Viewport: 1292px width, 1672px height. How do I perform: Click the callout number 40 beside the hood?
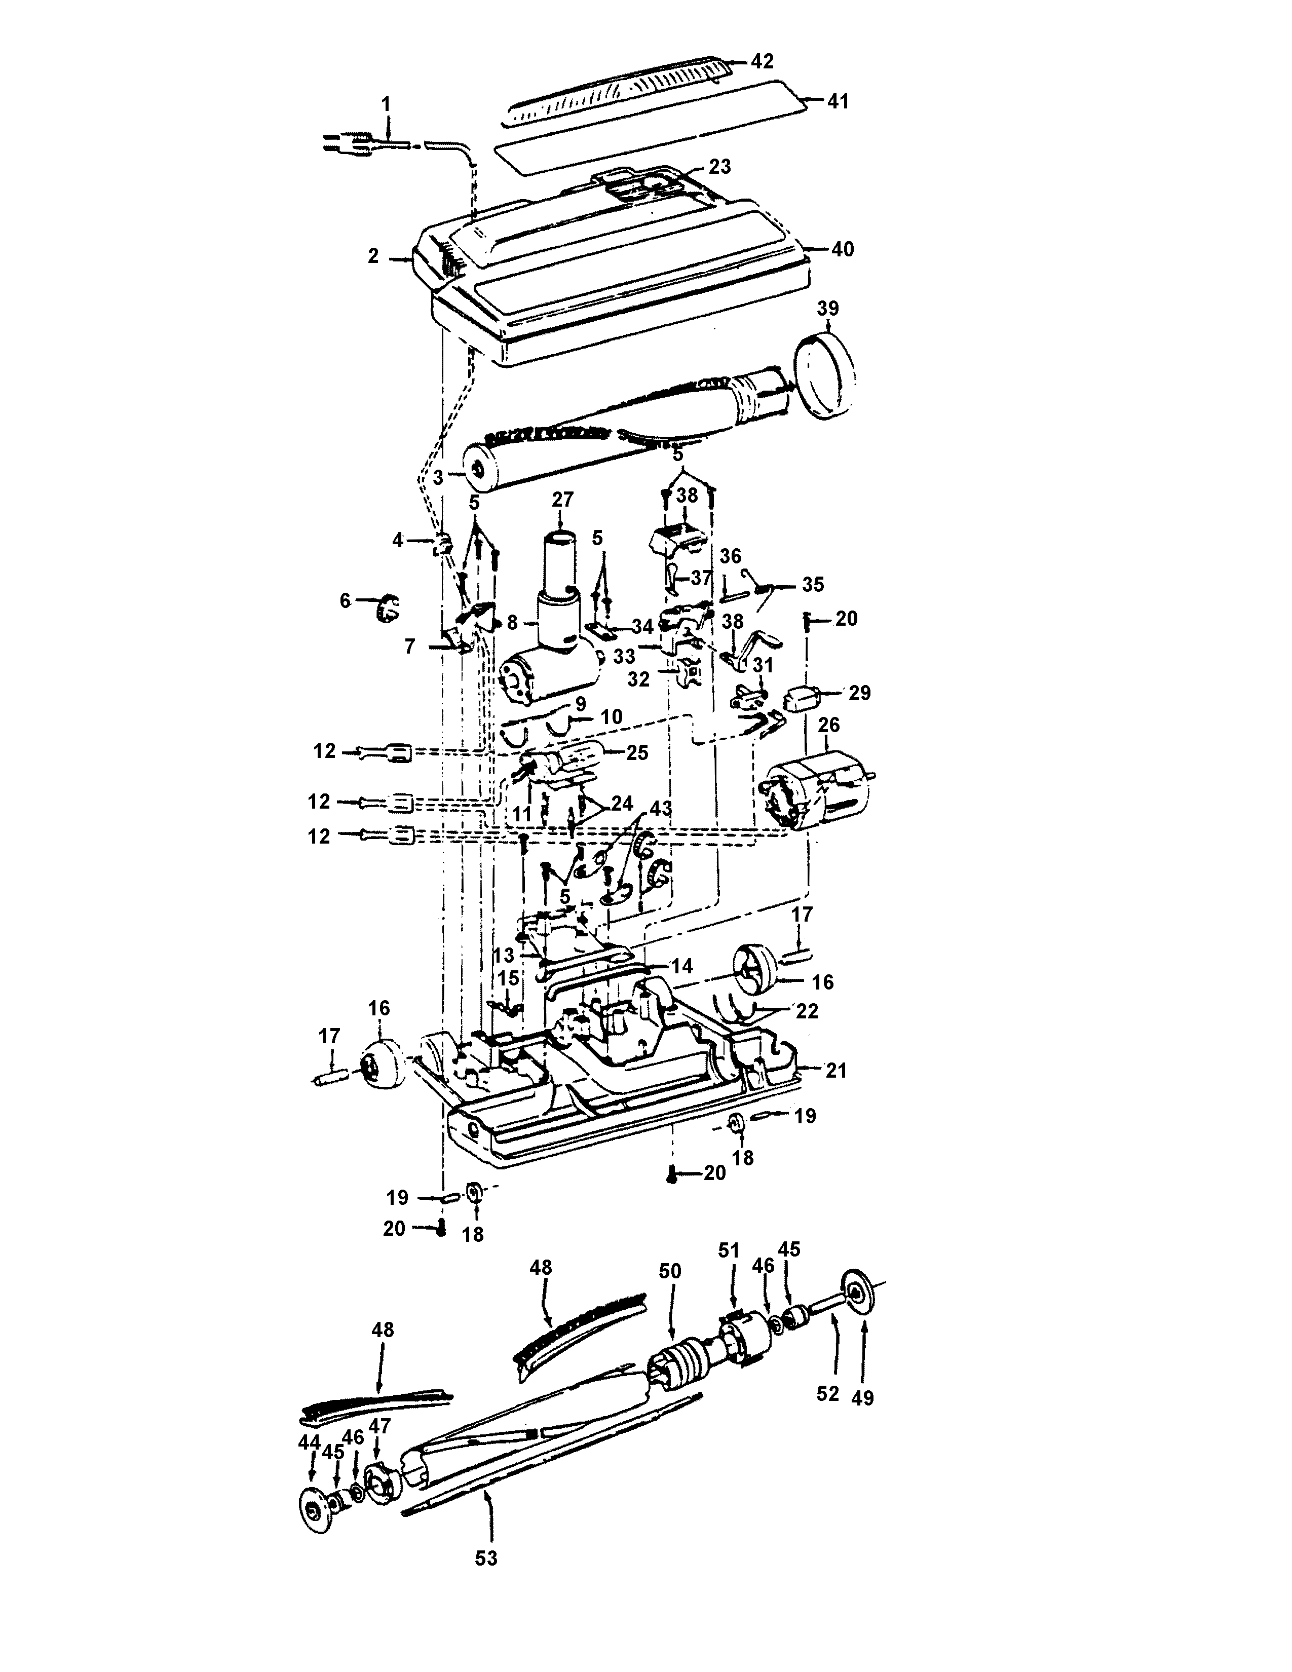tap(842, 250)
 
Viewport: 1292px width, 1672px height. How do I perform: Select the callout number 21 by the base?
tap(836, 1070)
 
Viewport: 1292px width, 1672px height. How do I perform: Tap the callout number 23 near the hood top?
tap(719, 166)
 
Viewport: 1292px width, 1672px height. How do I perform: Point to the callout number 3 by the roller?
tap(438, 478)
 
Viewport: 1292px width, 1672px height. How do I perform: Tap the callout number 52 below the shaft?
tap(827, 1393)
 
